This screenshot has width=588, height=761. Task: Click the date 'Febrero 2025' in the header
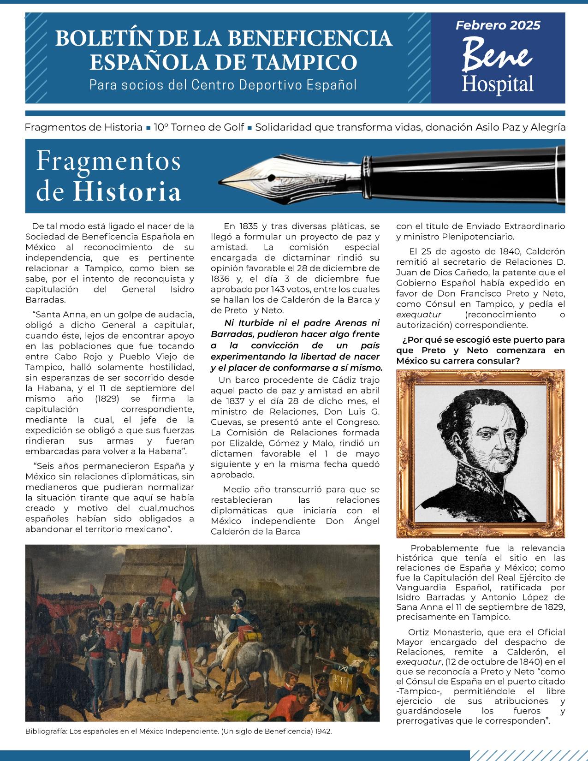(x=498, y=25)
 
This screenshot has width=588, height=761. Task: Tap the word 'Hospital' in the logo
(x=498, y=84)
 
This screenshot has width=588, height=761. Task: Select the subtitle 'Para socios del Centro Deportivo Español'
(x=223, y=85)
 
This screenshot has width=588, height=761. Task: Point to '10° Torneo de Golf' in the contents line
(x=199, y=127)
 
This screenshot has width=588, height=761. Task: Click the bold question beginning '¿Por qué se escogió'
(x=480, y=350)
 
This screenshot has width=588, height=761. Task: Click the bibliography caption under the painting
(x=178, y=731)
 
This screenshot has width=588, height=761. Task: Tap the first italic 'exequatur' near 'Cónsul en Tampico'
(x=419, y=315)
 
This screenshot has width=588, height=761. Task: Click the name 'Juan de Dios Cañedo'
(x=437, y=273)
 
